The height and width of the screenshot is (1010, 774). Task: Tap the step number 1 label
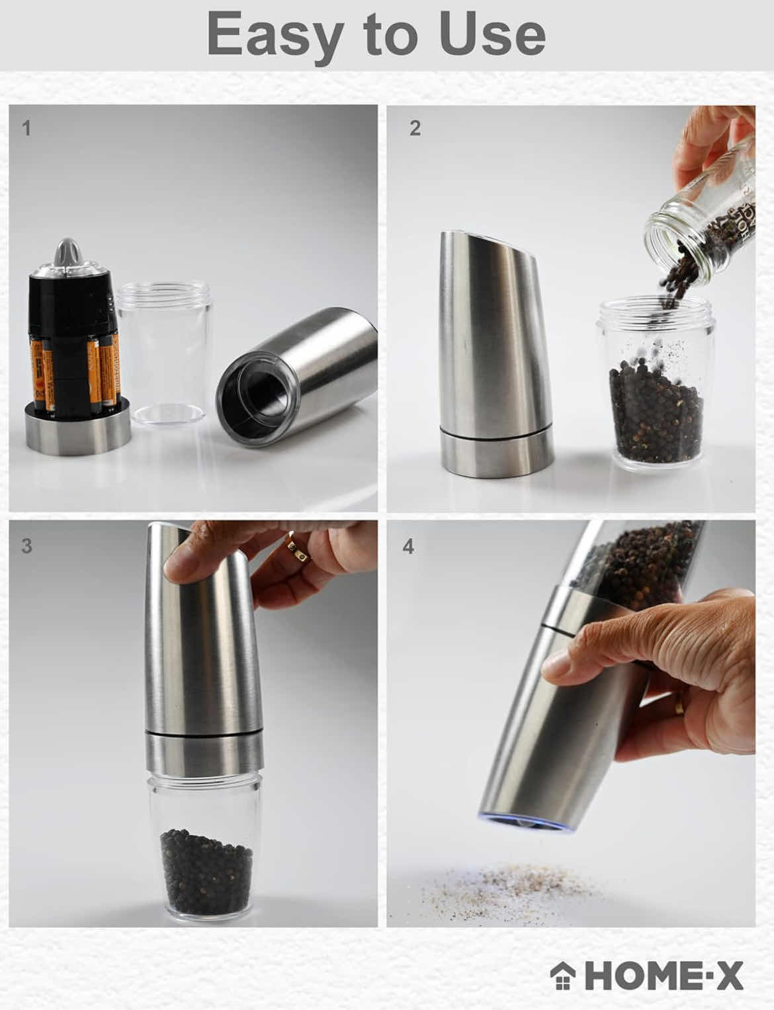[26, 128]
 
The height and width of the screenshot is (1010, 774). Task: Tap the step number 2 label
[415, 128]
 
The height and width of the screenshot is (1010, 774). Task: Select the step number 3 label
[26, 547]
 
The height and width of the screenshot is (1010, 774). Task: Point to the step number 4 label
[408, 547]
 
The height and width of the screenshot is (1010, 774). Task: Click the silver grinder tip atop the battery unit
[69, 255]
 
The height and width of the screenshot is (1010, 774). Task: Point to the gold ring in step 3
[296, 549]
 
